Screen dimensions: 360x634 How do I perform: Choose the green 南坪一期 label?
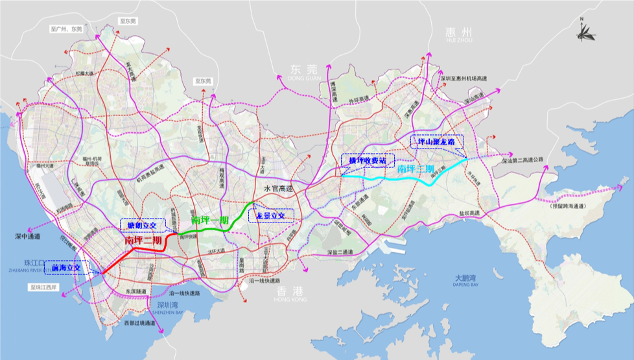point(210,219)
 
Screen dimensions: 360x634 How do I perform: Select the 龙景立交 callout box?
point(271,215)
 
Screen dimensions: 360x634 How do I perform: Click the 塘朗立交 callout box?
point(141,225)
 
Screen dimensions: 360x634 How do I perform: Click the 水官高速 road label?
point(278,189)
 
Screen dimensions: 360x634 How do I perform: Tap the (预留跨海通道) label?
point(571,207)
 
